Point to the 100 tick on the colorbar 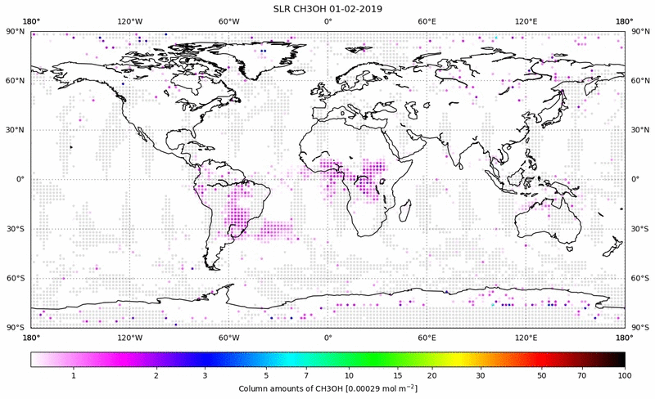pyautogui.click(x=625, y=374)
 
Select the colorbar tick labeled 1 pyautogui.click(x=74, y=374)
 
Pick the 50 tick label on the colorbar pyautogui.click(x=542, y=374)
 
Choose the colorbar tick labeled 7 pyautogui.click(x=305, y=374)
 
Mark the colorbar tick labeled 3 pyautogui.click(x=206, y=374)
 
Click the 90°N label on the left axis pyautogui.click(x=15, y=31)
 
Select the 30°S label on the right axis pyautogui.click(x=639, y=229)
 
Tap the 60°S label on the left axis pyautogui.click(x=15, y=278)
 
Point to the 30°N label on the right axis pyautogui.click(x=639, y=130)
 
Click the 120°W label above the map pyautogui.click(x=129, y=21)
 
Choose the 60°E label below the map pyautogui.click(x=427, y=336)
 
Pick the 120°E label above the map pyautogui.click(x=526, y=21)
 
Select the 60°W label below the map pyautogui.click(x=228, y=336)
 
